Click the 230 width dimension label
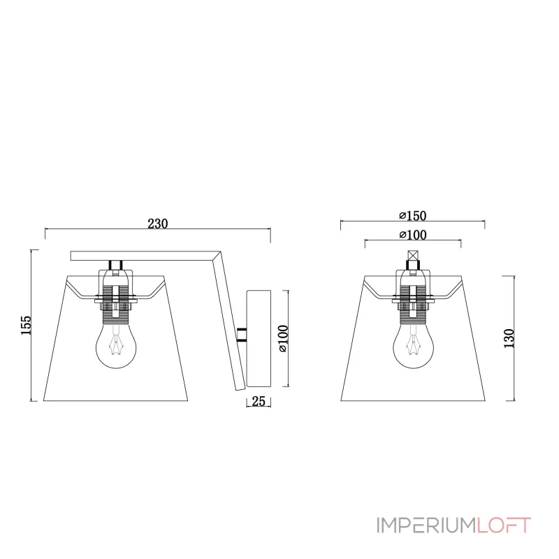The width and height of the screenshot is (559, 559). point(158,224)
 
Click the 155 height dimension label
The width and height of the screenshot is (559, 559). point(26,325)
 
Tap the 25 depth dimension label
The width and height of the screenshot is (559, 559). point(259,401)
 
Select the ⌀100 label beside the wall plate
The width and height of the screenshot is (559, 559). point(283,338)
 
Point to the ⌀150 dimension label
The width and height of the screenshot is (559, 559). point(413,216)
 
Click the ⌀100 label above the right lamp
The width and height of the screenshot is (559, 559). point(413,235)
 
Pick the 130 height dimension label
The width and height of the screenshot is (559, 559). point(509,338)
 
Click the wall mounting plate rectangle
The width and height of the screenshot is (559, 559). point(259,339)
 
